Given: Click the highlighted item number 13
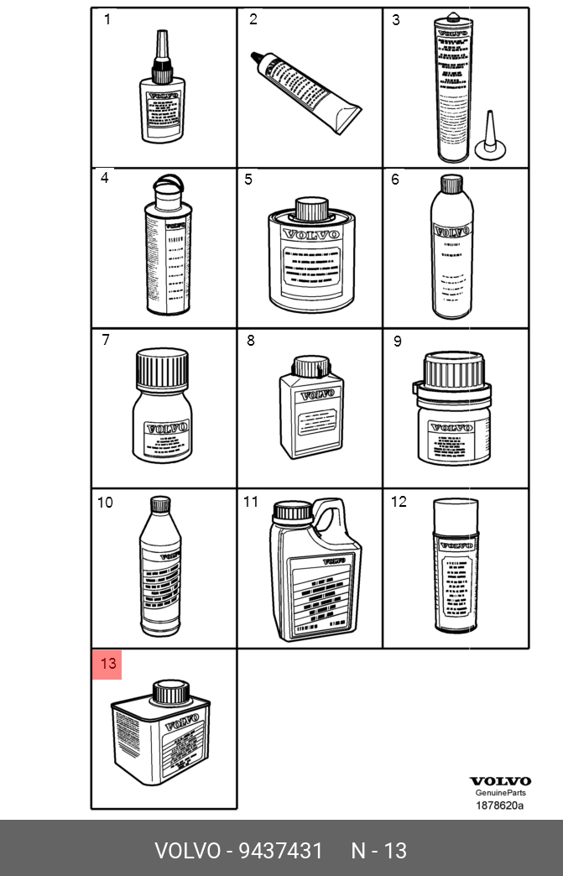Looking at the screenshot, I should (107, 664).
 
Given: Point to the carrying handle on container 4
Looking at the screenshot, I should (165, 183).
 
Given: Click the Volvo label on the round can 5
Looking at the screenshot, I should (310, 234).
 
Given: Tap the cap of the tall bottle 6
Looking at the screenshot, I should (451, 183).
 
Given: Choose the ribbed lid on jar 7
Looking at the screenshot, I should (162, 368).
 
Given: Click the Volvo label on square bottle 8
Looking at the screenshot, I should (317, 393).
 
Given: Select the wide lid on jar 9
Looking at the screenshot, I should (454, 369).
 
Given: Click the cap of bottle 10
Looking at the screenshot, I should (159, 504).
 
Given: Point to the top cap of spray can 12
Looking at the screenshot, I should (454, 510).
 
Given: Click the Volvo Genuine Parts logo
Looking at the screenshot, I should (499, 786).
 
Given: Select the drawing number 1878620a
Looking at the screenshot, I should (499, 806).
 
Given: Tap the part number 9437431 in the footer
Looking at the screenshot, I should (280, 851).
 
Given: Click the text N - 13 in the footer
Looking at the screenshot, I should (378, 851).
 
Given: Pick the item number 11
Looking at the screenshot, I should (251, 502).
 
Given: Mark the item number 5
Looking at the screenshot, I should (248, 180).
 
